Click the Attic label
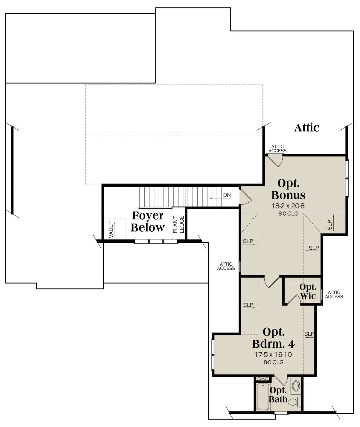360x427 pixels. pos(307,128)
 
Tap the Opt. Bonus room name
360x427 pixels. pos(288,189)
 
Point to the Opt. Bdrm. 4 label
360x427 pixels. pos(273,337)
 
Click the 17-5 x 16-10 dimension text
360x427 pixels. pos(273,355)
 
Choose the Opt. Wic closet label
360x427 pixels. pos(307,291)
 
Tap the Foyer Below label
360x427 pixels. pos(148,221)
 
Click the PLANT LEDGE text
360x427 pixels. pos(179,225)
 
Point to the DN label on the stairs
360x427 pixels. pos(227,195)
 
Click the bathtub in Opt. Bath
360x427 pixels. pos(263,396)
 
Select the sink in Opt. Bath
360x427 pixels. pos(296,386)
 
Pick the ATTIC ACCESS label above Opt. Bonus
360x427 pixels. pos(277,149)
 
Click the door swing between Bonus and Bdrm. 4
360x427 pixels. pos(272,282)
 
